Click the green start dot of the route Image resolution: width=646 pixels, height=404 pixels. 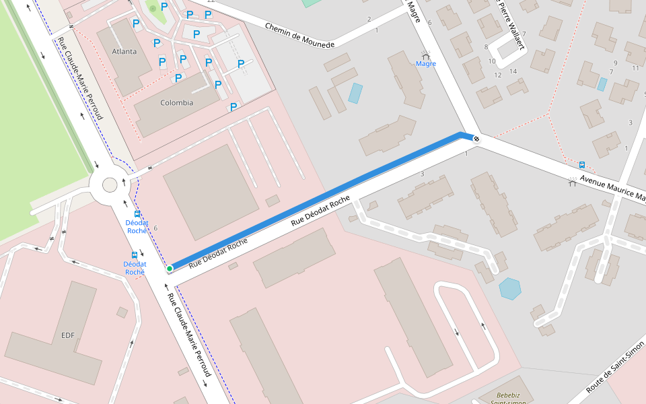pyautogui.click(x=170, y=269)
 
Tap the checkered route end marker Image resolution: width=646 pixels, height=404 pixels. pyautogui.click(x=476, y=139)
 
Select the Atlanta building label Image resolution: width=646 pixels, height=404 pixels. pyautogui.click(x=124, y=51)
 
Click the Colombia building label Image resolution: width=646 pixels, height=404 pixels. pyautogui.click(x=176, y=103)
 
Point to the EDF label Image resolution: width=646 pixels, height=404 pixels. pyautogui.click(x=67, y=335)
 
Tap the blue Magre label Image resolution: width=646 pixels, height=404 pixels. pyautogui.click(x=426, y=64)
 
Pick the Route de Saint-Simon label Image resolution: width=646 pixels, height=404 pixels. pyautogui.click(x=615, y=367)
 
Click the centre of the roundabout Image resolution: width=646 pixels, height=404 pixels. pyautogui.click(x=109, y=184)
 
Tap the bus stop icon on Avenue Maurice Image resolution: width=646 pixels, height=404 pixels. pyautogui.click(x=582, y=164)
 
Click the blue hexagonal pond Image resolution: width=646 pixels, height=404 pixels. pyautogui.click(x=510, y=288)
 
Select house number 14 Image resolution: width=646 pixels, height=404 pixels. pyautogui.click(x=513, y=71)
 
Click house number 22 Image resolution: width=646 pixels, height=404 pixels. pyautogui.click(x=211, y=1)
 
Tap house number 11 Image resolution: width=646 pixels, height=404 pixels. pyautogui.click(x=635, y=68)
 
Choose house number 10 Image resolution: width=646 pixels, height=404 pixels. pyautogui.click(x=492, y=61)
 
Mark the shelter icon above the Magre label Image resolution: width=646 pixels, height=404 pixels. pyautogui.click(x=425, y=54)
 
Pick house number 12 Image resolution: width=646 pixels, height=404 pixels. pyautogui.click(x=498, y=75)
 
